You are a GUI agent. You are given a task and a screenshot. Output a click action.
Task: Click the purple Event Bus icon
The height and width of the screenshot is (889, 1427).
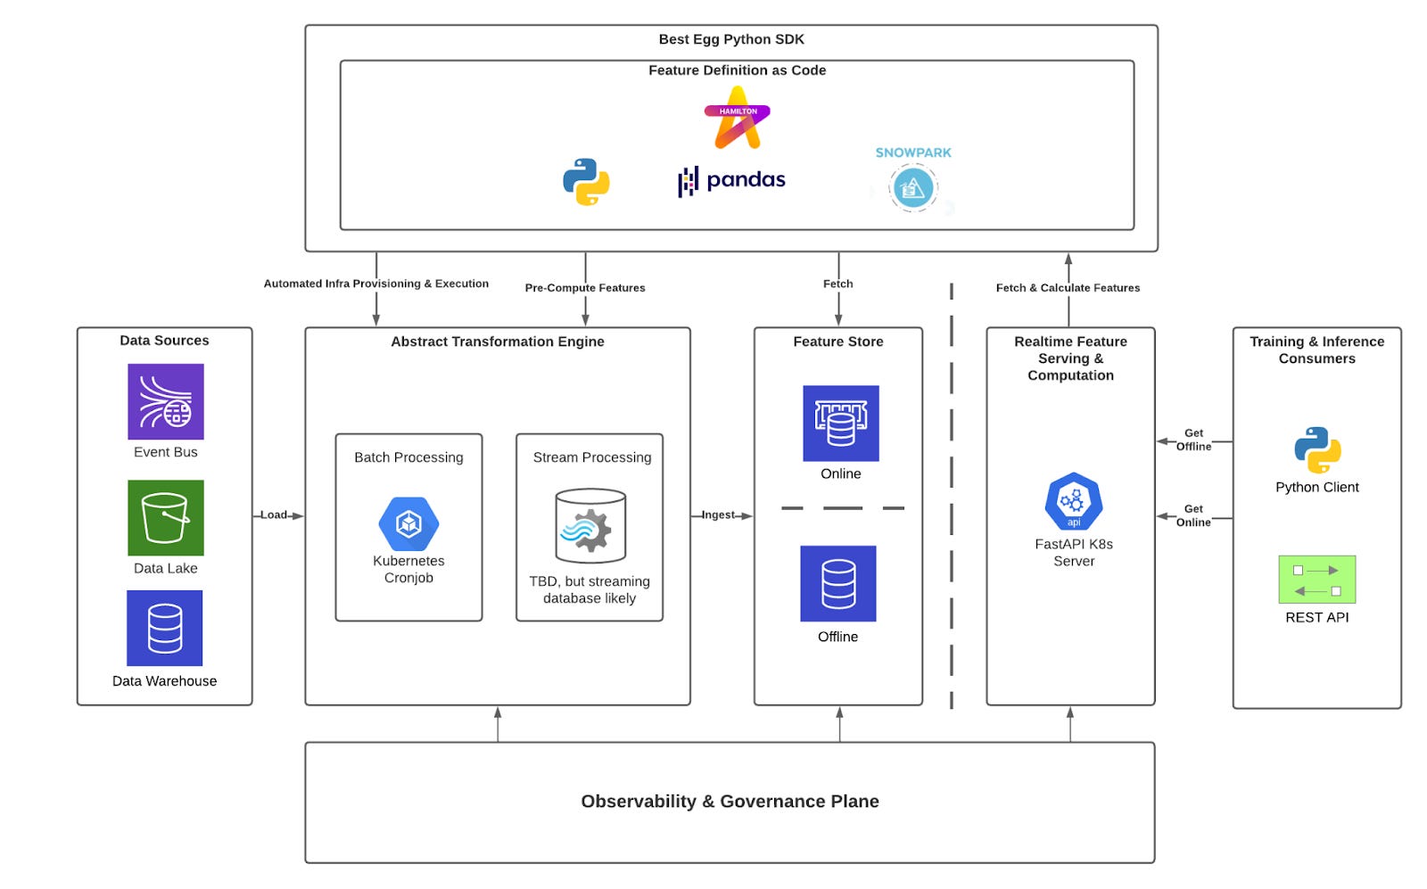pos(165,401)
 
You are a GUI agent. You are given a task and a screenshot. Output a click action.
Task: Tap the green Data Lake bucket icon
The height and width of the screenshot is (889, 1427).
pos(165,517)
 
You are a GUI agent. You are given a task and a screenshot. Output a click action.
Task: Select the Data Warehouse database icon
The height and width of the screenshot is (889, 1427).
pos(164,628)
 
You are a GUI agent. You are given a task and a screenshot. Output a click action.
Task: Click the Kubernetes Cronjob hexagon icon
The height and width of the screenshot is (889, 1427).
pos(408,523)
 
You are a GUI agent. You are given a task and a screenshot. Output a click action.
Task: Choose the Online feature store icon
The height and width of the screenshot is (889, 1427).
pos(840,423)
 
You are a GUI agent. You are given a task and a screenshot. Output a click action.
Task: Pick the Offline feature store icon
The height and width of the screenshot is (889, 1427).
pos(837,583)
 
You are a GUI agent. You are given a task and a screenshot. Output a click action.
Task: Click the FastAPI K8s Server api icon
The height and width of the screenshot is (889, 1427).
pos(1073,501)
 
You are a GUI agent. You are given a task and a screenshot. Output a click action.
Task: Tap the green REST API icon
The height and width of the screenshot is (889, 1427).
pos(1316,580)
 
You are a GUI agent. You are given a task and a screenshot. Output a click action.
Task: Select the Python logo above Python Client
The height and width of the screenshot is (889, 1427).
pos(1316,449)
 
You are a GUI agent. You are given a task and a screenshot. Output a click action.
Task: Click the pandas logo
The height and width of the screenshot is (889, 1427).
pos(731,181)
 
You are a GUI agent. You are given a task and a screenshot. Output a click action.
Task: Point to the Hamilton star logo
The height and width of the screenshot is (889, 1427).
pos(737,119)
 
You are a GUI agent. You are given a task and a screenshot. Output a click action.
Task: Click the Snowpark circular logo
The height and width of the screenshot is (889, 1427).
pos(912,188)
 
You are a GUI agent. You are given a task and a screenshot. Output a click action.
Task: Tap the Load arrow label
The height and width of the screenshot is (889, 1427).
pos(273,514)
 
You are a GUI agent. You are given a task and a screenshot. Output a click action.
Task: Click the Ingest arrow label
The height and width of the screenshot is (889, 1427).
pos(718,514)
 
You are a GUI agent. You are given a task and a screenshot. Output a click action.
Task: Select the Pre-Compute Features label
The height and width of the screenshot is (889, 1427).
pos(584,287)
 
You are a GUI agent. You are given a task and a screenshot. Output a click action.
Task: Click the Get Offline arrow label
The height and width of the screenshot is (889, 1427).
pos(1193,440)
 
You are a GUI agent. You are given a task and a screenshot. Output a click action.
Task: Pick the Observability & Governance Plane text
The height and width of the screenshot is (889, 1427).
pos(730,801)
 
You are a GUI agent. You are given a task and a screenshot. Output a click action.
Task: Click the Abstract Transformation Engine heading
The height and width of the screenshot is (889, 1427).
pos(497,342)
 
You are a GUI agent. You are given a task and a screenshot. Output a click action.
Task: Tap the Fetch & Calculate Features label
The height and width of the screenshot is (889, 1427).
pos(1068,287)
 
